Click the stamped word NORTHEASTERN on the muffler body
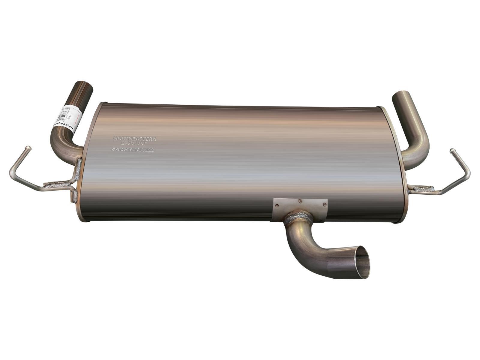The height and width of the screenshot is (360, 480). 134,139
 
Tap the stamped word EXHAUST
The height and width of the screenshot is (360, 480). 134,144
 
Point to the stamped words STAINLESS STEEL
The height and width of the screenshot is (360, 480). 133,149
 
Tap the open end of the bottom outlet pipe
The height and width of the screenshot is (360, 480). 361,262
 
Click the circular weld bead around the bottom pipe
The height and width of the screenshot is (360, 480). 298,218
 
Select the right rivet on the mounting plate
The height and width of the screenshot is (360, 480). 324,204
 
